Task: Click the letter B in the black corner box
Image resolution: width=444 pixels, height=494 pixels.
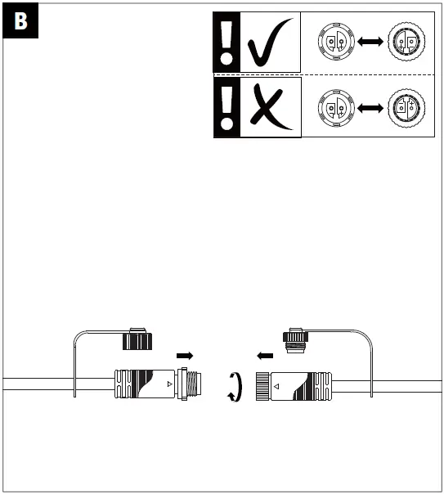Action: point(20,22)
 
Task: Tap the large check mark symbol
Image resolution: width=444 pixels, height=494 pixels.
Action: point(270,46)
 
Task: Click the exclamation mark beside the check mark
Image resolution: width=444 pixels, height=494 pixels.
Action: point(226,45)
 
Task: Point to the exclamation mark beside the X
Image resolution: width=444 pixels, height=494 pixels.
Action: point(226,106)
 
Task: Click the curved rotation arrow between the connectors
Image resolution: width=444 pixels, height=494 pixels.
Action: point(235,385)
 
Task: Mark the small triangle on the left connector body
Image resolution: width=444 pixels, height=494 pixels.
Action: point(169,382)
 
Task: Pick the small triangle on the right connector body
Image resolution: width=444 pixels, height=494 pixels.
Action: point(277,384)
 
